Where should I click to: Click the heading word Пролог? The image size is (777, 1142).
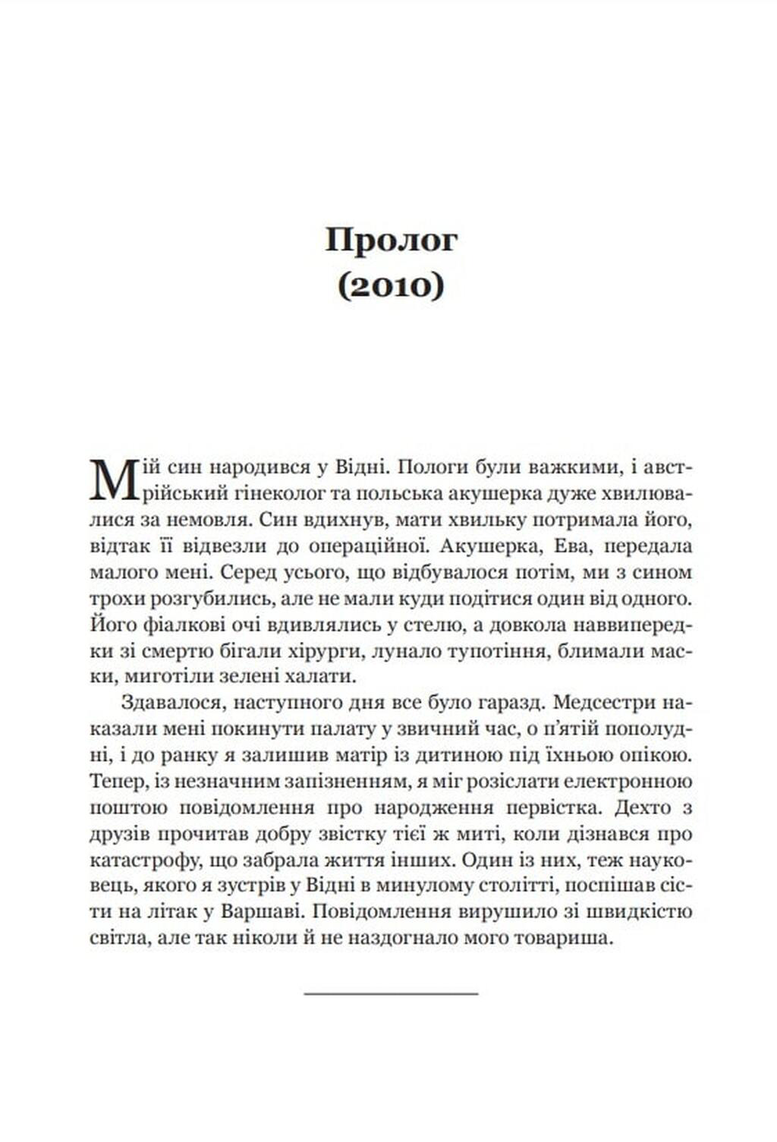pyautogui.click(x=392, y=241)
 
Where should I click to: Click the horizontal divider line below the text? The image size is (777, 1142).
pyautogui.click(x=391, y=993)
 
